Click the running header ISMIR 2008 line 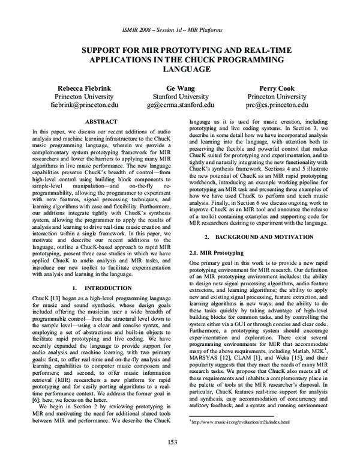tap(180, 29)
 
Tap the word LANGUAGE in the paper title tap(180, 69)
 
